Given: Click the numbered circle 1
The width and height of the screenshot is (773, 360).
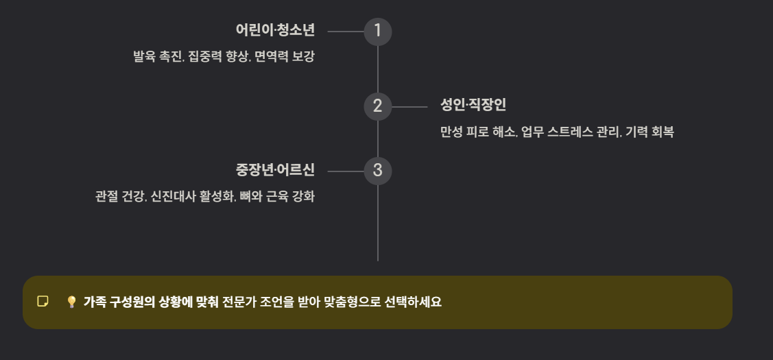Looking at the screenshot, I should (377, 32).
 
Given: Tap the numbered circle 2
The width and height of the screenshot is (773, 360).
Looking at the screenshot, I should (377, 106).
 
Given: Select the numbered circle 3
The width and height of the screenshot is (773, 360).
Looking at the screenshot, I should (377, 171).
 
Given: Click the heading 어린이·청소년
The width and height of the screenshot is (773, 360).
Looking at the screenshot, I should (274, 31).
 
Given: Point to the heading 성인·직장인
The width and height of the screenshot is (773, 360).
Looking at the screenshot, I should (473, 106).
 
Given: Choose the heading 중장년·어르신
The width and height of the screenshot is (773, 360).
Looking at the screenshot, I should (274, 170).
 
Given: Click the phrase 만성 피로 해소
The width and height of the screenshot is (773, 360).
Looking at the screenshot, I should (477, 132).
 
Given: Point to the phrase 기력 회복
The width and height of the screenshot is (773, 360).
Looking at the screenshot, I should (650, 132).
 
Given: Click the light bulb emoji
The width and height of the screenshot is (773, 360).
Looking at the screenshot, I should (71, 302).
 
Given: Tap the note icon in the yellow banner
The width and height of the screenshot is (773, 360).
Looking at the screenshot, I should (43, 302).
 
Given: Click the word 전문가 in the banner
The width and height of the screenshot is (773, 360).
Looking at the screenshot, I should (239, 302).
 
